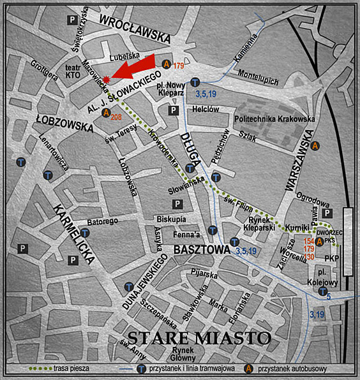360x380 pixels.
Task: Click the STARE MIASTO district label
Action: point(198,337)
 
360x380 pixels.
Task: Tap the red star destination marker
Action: point(107,78)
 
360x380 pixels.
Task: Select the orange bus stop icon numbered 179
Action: point(167,64)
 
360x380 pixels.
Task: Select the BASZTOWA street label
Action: point(201,249)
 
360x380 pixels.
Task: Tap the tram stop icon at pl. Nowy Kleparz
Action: point(196,82)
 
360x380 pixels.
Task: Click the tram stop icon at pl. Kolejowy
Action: point(322,291)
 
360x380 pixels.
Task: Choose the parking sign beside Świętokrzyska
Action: point(71,20)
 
